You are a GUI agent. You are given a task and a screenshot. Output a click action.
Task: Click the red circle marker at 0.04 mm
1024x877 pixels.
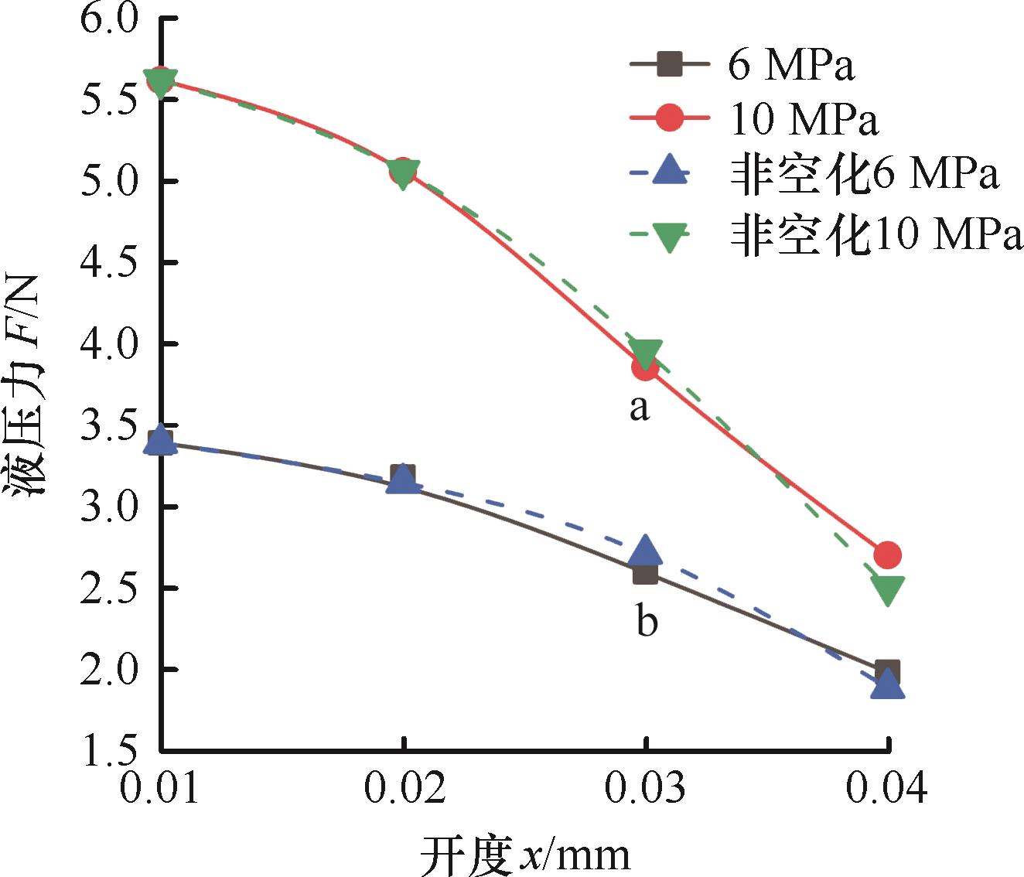tap(887, 555)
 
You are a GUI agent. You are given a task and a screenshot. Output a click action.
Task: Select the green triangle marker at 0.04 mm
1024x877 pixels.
tap(887, 590)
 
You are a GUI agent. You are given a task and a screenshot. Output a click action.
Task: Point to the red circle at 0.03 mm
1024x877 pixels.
tap(645, 368)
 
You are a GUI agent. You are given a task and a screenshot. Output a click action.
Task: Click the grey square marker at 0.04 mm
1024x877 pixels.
tap(887, 671)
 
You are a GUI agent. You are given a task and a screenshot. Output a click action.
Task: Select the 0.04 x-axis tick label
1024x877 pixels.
tap(887, 788)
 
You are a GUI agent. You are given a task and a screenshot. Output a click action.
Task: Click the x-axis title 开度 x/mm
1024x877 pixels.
tap(526, 855)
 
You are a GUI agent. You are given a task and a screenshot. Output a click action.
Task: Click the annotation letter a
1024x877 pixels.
tap(640, 408)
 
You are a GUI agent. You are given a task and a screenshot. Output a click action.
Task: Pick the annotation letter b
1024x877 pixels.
tap(647, 620)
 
